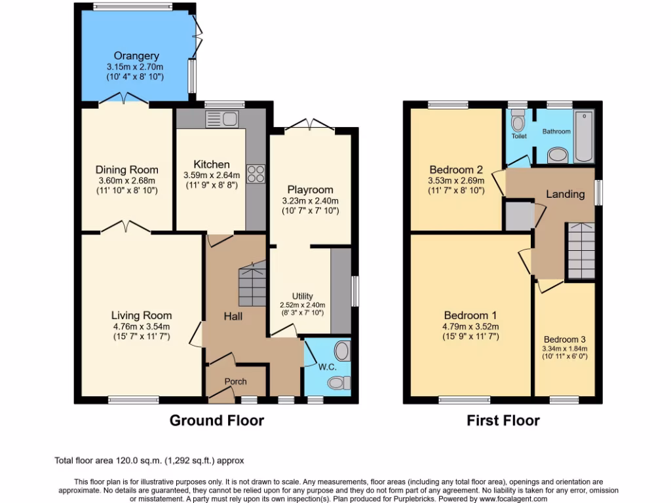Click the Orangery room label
(134, 56)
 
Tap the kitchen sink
(223, 119)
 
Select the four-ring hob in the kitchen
(255, 173)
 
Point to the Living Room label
(141, 315)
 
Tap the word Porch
(235, 382)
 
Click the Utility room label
(302, 297)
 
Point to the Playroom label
(310, 190)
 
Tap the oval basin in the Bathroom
(558, 155)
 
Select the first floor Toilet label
(519, 136)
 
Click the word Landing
(565, 194)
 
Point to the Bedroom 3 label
(564, 339)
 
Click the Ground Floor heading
(216, 420)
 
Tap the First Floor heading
(503, 420)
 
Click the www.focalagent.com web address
(509, 498)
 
